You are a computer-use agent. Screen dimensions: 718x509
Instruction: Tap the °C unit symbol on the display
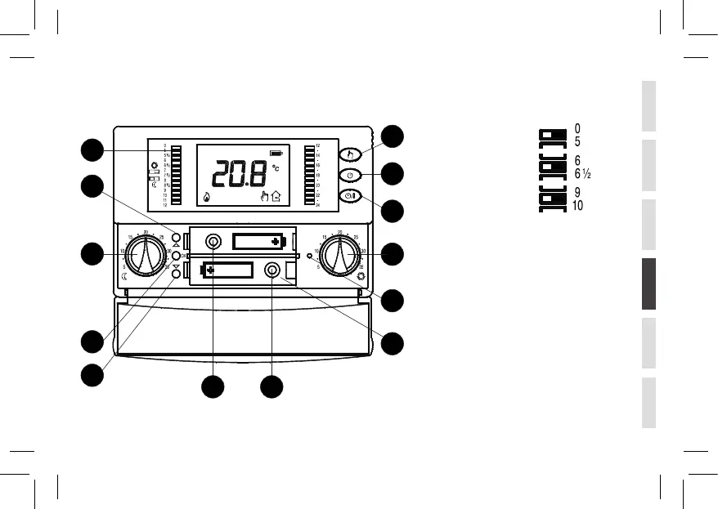point(276,167)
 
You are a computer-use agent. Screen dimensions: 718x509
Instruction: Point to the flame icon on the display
point(204,196)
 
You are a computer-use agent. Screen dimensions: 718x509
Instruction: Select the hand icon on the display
point(263,196)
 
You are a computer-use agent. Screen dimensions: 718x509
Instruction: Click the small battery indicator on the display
point(279,152)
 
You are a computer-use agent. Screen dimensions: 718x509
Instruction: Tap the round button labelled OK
point(176,256)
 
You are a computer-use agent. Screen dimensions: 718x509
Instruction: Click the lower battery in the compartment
point(227,270)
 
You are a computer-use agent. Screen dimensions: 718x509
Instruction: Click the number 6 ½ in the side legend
point(582,173)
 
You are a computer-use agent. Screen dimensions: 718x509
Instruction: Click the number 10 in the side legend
point(578,206)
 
